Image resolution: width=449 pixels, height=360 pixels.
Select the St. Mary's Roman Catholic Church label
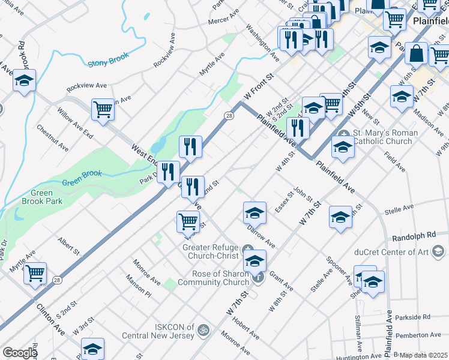coord(382,137)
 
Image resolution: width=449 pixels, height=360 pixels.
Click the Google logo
coord(20,353)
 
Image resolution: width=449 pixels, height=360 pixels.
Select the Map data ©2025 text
coord(423,355)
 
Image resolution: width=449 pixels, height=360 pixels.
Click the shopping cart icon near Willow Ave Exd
coord(103,110)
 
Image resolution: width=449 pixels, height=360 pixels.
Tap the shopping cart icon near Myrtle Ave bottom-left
coord(35,273)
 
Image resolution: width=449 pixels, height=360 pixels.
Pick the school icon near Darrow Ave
coord(255,212)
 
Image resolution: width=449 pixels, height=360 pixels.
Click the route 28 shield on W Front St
coord(229,115)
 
